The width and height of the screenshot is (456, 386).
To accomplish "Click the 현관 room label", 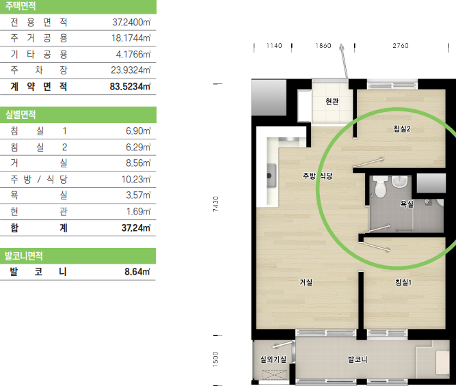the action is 332,101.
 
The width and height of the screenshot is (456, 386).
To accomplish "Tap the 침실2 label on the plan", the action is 402,128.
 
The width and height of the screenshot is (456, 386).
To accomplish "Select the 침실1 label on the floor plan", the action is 403,282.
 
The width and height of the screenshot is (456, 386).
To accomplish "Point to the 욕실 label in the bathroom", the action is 407,204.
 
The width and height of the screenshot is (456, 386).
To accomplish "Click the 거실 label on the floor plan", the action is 306,282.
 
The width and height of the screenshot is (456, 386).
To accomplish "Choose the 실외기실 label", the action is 273,359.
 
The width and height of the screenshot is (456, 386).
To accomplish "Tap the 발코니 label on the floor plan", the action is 358,359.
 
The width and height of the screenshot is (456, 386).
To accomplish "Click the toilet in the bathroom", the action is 379,187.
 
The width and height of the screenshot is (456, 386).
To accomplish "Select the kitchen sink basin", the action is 271,176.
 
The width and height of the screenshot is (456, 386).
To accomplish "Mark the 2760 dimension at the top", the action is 401,46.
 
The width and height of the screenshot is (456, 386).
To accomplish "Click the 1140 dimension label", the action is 274,46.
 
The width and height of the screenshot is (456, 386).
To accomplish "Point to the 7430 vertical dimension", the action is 215,204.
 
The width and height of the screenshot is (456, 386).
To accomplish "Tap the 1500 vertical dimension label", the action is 215,359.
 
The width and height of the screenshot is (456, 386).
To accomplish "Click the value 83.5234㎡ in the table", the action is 130,87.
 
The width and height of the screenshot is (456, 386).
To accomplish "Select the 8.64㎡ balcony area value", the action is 137,272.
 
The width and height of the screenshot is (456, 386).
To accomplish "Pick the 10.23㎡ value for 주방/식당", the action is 136,180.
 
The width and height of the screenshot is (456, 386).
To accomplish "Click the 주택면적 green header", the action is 78,7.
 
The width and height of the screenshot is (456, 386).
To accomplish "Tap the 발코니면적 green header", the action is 78,256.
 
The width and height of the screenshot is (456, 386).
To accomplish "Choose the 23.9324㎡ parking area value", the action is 131,70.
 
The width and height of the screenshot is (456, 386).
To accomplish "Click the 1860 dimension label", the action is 323,46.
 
